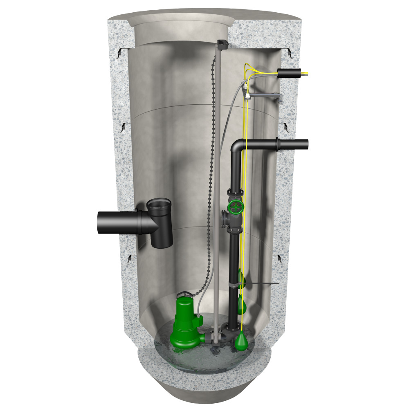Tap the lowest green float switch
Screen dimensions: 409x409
click(242, 339)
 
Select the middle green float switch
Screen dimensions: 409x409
click(242, 304)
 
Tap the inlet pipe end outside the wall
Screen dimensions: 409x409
click(100, 223)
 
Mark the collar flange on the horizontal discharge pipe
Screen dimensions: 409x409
click(279, 145)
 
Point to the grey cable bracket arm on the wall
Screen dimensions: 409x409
click(266, 96)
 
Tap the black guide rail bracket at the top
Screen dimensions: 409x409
click(223, 44)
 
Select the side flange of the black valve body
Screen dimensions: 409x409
click(224, 219)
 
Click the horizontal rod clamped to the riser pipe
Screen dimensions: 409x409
click(262, 283)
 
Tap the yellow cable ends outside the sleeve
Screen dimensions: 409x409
click(306, 74)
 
